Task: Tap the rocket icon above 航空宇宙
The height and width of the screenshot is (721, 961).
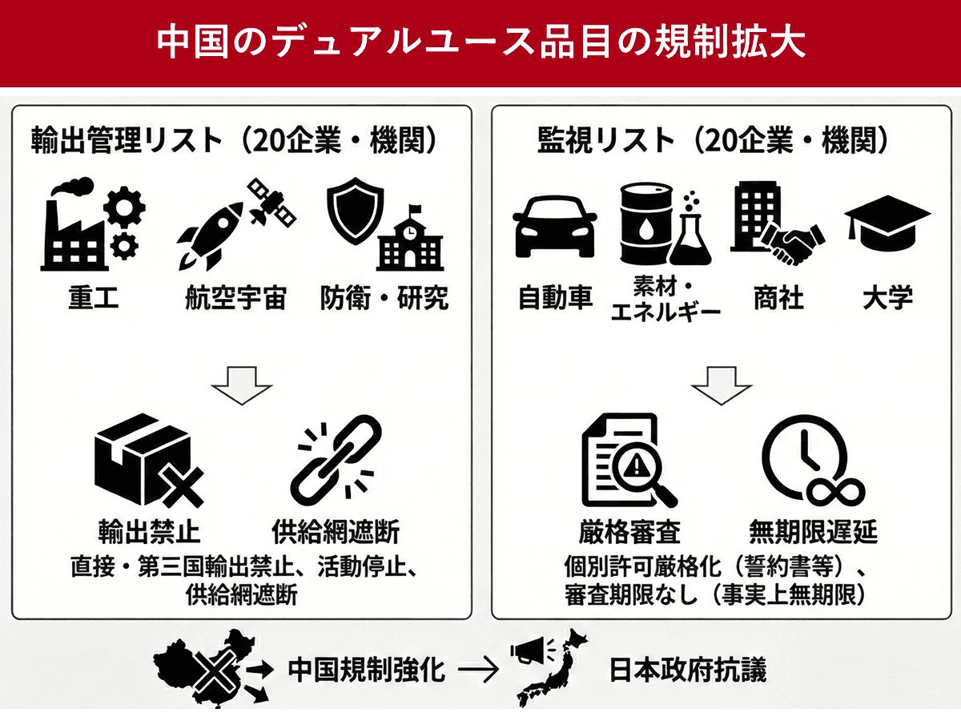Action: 210,236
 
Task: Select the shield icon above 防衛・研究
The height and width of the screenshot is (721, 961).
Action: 355,210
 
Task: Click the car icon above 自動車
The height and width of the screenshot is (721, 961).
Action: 555,227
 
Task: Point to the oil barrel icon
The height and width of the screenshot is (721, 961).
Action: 646,224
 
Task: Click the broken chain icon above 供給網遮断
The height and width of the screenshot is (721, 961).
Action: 336,460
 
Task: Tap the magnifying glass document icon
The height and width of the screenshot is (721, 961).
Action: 629,461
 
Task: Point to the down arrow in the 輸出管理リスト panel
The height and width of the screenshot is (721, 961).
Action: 242,385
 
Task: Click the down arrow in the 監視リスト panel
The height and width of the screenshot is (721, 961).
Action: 722,385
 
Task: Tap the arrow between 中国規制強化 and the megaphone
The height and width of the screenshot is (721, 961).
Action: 479,670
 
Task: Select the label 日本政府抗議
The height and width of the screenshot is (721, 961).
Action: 688,670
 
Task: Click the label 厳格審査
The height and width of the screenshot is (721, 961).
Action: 629,532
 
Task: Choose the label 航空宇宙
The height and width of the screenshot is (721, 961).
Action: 236,298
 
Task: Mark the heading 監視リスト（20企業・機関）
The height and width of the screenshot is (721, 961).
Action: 713,140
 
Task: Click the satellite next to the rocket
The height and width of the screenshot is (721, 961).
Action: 271,202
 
